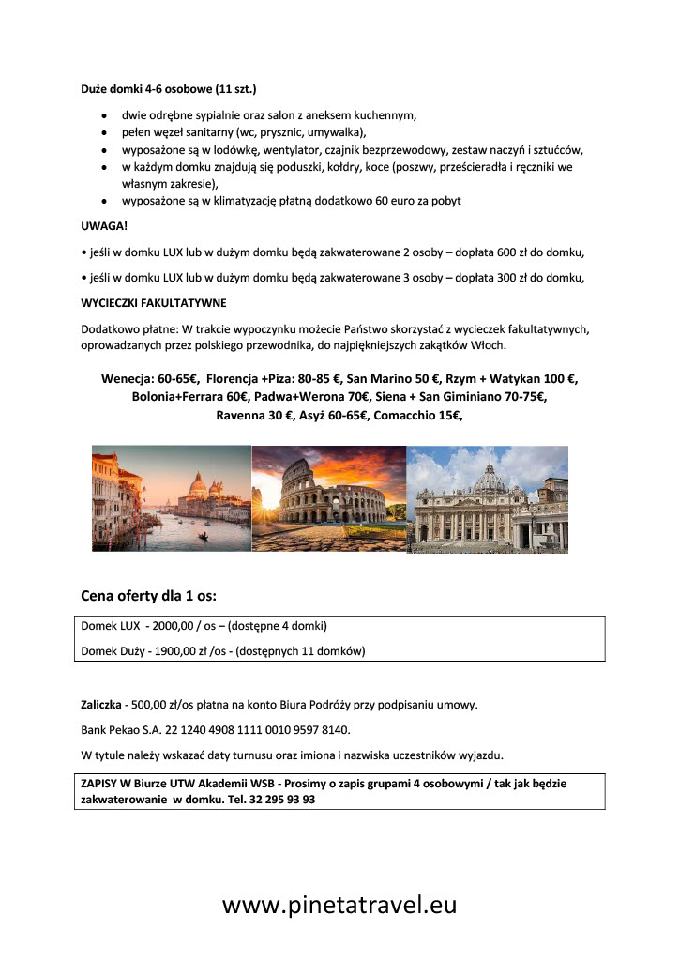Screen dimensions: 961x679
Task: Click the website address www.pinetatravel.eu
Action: pos(339,905)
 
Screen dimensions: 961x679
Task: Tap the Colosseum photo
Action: pos(328,498)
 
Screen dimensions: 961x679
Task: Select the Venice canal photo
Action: pos(172,498)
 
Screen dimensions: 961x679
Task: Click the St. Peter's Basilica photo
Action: pos(488,498)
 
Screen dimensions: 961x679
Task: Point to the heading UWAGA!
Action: pos(104,226)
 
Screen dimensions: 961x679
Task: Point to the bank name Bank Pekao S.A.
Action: pos(122,729)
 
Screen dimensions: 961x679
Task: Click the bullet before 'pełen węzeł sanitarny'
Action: pos(103,132)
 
